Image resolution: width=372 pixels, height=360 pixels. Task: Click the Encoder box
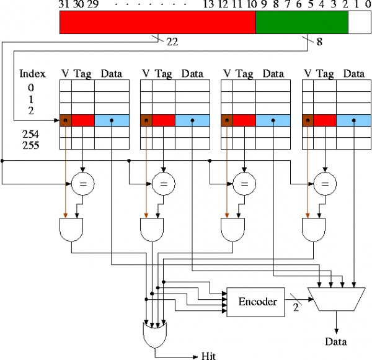[256, 302]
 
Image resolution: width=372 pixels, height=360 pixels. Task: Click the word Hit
[209, 356]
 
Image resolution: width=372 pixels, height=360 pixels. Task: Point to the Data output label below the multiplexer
[336, 341]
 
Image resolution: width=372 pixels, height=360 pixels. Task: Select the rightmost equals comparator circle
[324, 183]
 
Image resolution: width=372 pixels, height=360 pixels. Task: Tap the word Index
[32, 73]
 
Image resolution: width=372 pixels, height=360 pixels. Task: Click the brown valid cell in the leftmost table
[66, 120]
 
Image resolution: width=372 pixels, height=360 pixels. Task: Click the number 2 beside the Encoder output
[296, 309]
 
